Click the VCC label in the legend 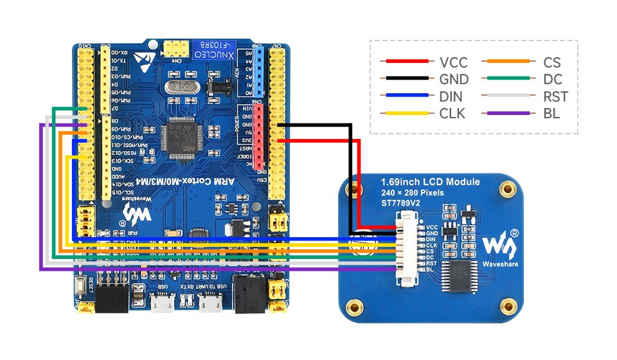(x=453, y=62)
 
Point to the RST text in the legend (x=555, y=97)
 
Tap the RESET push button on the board (x=83, y=285)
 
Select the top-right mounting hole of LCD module (x=509, y=190)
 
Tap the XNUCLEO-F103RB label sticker (x=213, y=46)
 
